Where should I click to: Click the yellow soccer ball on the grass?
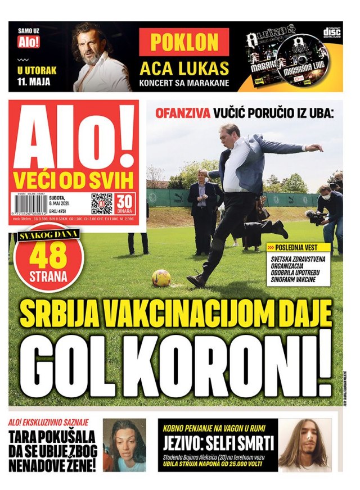[161, 278]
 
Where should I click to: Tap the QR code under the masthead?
[101, 203]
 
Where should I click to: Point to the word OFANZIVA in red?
[183, 113]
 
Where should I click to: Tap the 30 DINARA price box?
[125, 203]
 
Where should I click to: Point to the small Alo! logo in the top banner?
[26, 42]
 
